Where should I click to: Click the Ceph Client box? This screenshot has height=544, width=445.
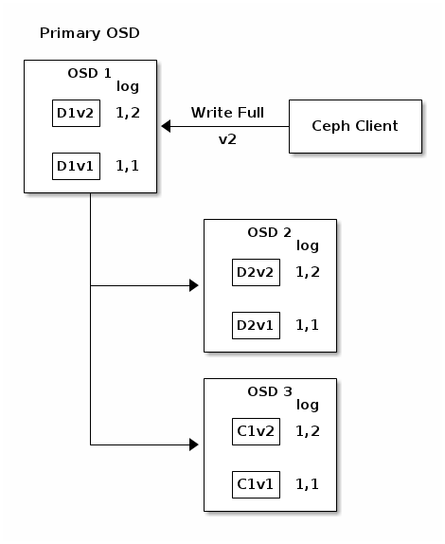[x=355, y=126]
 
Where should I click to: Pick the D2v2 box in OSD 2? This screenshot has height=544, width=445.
[x=255, y=273]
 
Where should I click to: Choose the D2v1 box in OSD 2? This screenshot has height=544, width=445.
[x=255, y=326]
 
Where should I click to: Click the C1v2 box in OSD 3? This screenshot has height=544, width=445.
[x=255, y=432]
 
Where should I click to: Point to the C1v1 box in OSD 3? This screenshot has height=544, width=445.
[x=255, y=485]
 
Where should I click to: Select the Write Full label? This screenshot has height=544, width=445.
[x=227, y=113]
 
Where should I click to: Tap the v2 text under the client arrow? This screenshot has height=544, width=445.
[x=227, y=139]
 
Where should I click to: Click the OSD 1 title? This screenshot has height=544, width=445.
[x=90, y=73]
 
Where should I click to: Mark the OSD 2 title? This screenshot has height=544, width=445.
[x=269, y=232]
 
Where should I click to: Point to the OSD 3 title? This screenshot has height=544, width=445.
[x=269, y=391]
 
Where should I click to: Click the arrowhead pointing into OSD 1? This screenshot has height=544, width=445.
[x=166, y=126]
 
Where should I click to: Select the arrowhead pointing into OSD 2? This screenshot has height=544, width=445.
[x=194, y=285]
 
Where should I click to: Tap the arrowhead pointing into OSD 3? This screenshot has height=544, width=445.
[x=194, y=444]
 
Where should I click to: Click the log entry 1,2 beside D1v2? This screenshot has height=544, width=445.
[x=127, y=114]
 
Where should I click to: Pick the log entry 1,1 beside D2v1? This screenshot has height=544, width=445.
[x=307, y=326]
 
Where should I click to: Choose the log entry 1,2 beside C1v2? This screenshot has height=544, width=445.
[x=307, y=432]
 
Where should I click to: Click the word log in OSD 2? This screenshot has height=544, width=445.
[x=308, y=246]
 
